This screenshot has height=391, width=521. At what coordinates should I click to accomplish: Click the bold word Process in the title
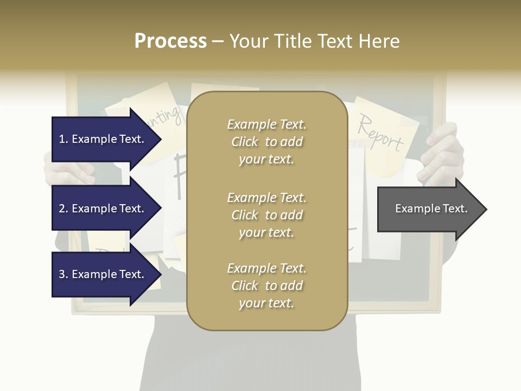coord(170,41)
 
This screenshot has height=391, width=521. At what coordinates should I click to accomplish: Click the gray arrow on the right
coord(429,209)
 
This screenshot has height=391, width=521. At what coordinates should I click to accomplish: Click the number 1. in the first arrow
coord(63,139)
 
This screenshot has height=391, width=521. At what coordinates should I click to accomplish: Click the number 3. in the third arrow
coord(63,274)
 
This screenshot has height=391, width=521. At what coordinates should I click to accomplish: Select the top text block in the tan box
coord(266,142)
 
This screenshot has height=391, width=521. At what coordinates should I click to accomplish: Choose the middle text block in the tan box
coord(266,215)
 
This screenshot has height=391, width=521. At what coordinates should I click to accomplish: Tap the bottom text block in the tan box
coord(266,286)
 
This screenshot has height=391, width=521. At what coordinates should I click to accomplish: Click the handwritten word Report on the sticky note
coord(380,133)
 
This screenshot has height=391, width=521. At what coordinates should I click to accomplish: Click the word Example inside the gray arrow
coord(414,209)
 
